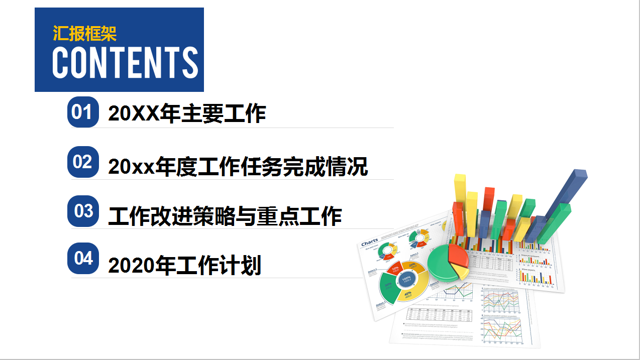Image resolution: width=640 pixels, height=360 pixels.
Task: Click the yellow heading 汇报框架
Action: coord(84,34)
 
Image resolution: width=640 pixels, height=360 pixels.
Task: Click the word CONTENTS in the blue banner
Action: coord(125,63)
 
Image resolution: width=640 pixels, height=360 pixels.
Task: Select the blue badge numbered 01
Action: coord(82,112)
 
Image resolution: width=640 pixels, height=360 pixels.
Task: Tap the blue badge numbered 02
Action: coord(82,162)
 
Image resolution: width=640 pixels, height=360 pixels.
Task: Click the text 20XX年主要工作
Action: coord(187,114)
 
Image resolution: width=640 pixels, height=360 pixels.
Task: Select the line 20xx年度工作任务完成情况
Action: coord(238,166)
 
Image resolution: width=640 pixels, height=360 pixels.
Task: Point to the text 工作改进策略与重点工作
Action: coord(225,216)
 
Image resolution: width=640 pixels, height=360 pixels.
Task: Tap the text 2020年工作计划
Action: coord(184,265)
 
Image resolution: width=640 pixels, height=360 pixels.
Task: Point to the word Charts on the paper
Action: coord(369,243)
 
